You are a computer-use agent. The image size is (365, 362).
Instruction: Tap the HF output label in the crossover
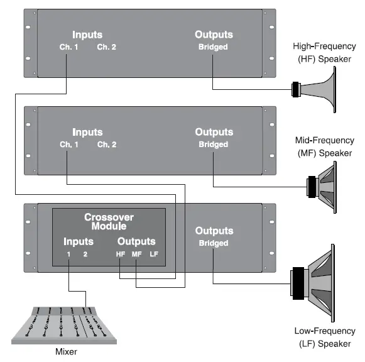pos(121,254)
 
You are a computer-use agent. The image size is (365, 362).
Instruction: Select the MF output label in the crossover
pos(137,254)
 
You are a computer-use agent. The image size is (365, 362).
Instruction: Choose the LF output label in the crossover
pos(154,254)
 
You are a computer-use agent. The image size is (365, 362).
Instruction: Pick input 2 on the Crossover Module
pos(85,254)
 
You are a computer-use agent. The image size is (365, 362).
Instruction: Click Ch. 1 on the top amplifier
pos(69,47)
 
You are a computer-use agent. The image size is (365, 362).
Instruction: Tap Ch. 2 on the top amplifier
pos(106,47)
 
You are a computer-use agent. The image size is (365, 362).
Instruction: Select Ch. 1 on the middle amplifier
pos(69,145)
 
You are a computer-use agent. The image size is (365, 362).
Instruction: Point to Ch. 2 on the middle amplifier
pos(106,145)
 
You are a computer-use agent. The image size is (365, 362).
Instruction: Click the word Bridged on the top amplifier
pos(214,47)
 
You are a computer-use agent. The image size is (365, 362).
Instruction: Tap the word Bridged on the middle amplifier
pos(214,145)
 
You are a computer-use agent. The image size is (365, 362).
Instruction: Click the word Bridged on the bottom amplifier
pos(214,243)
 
